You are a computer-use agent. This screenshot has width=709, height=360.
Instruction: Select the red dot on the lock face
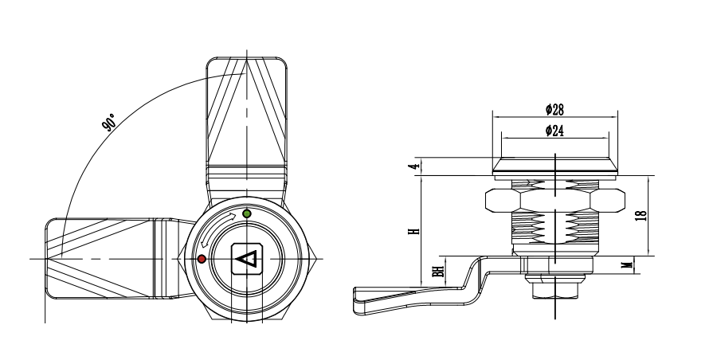[202, 260]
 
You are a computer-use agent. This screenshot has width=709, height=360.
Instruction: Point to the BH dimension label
[437, 271]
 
